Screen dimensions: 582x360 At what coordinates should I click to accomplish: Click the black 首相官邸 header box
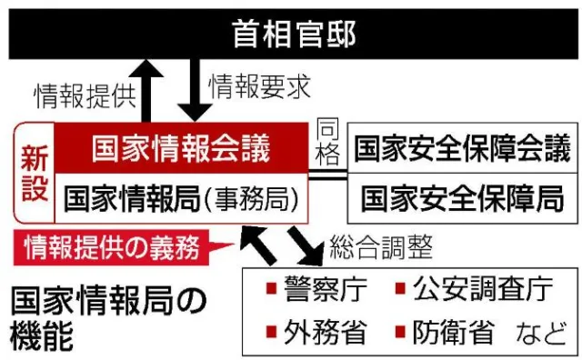coord(293,35)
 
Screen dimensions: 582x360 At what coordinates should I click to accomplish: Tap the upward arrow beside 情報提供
coord(146,91)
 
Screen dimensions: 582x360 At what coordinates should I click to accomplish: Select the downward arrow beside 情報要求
coord(195,90)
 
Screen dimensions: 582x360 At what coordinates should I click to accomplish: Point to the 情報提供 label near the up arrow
coord(85,96)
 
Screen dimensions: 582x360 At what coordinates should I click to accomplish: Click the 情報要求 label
coord(259,87)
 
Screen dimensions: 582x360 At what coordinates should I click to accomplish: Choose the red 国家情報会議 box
coord(181,147)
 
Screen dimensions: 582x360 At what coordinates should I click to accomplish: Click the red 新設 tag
coord(35,173)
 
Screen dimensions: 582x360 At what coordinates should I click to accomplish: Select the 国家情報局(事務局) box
coord(181,198)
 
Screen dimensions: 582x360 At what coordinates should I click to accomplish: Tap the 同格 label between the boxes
coord(327,143)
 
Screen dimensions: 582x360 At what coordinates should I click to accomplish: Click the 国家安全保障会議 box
coord(462,147)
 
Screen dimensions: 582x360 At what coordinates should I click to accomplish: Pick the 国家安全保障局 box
coord(462,198)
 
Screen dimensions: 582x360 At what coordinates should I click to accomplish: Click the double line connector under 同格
coord(327,175)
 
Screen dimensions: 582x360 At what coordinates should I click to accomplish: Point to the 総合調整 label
coord(381,246)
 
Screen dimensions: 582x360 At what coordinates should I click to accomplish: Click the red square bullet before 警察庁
coord(271,288)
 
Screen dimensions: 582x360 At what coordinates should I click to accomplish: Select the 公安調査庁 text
coord(483,288)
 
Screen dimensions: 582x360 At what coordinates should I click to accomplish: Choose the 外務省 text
coord(326,332)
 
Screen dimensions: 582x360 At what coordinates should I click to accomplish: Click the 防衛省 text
coord(453,332)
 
